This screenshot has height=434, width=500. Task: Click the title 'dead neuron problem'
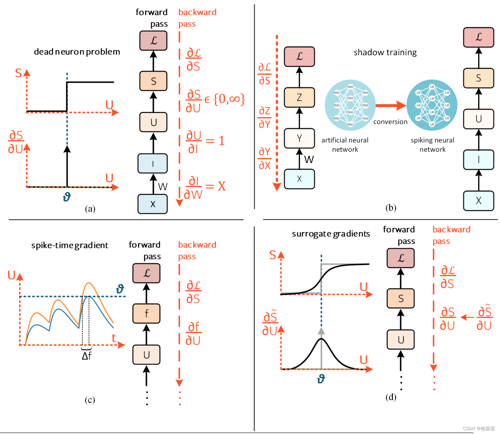coord(77,52)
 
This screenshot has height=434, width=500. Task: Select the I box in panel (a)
coord(153,163)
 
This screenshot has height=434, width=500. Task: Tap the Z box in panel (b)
coord(299,97)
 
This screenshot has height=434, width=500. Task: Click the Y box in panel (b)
coord(299,138)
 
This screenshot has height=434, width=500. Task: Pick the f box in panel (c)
coord(146,313)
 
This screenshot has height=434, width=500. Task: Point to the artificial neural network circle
coord(350,105)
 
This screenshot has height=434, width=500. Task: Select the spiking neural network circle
coord(432,105)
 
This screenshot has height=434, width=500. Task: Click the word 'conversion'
coord(390,122)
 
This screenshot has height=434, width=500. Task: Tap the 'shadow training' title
coord(385,52)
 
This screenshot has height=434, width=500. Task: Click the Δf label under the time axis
coord(87,356)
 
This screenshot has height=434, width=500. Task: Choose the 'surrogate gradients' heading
coord(331,234)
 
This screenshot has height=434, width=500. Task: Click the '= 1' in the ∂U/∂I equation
coord(215,141)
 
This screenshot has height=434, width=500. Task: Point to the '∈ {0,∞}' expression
coord(225,99)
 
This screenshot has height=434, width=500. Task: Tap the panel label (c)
coord(90,400)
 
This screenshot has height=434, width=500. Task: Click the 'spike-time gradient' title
coord(69,245)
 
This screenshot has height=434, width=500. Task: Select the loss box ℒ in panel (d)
coord(401,258)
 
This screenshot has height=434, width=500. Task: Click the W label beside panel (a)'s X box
coord(163,187)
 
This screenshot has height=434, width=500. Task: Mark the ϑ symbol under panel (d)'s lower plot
coord(321,379)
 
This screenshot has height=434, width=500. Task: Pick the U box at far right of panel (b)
coord(478,119)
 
